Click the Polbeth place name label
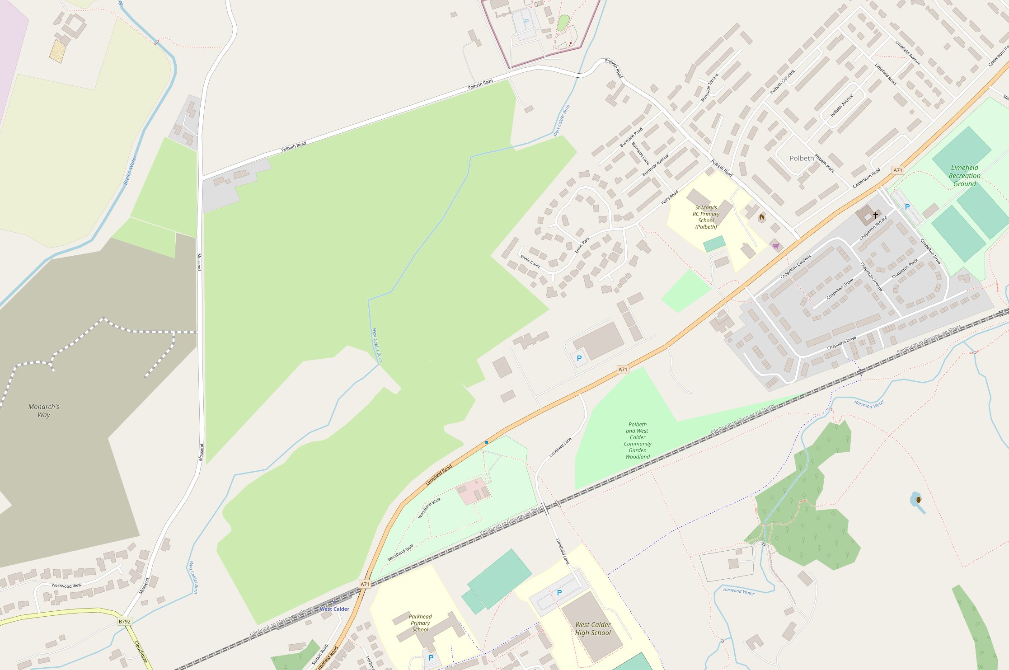(x=801, y=158)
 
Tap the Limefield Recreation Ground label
(x=964, y=176)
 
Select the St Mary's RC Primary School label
(x=706, y=217)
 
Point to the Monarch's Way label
(x=44, y=411)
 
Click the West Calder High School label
(x=592, y=628)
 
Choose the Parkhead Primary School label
(x=420, y=623)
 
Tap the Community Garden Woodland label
(x=637, y=440)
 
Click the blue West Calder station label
(x=334, y=609)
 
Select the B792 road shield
(x=124, y=621)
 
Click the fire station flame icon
(x=762, y=218)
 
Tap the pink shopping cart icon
(x=776, y=246)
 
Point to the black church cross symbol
(x=875, y=215)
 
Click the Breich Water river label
(x=130, y=170)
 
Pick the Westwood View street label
(x=66, y=586)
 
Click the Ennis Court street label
(x=530, y=261)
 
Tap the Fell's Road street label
(x=670, y=197)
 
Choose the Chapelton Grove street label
(x=840, y=289)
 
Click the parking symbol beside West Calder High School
(x=559, y=593)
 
